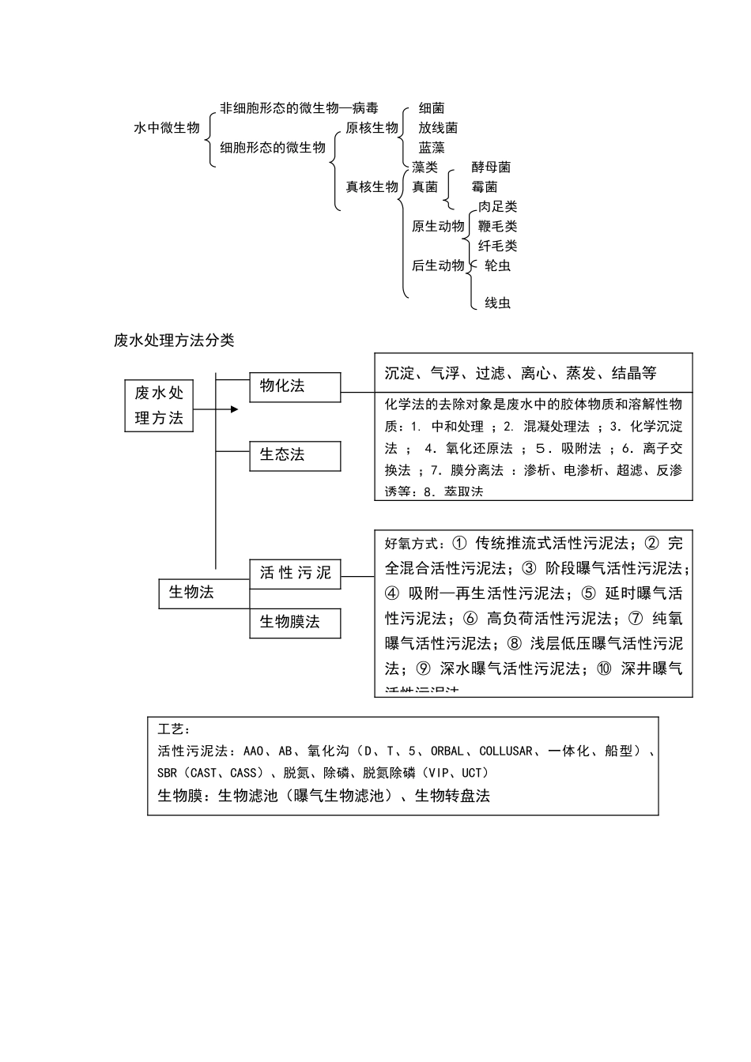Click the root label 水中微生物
[167, 127]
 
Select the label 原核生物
[372, 127]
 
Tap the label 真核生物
[372, 186]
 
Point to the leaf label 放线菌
[438, 127]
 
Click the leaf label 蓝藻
[432, 147]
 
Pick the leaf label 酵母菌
[491, 167]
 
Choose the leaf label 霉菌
[485, 186]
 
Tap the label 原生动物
[438, 226]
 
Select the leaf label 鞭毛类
[497, 226]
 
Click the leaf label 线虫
[497, 303]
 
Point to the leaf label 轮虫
[497, 265]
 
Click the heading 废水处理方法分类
[174, 341]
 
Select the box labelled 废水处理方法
[159, 405]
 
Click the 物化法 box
[295, 386]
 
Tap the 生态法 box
[295, 455]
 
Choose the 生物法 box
[204, 592]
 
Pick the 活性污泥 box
[295, 573]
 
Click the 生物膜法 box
[295, 623]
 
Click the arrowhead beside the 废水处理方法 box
[234, 409]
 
